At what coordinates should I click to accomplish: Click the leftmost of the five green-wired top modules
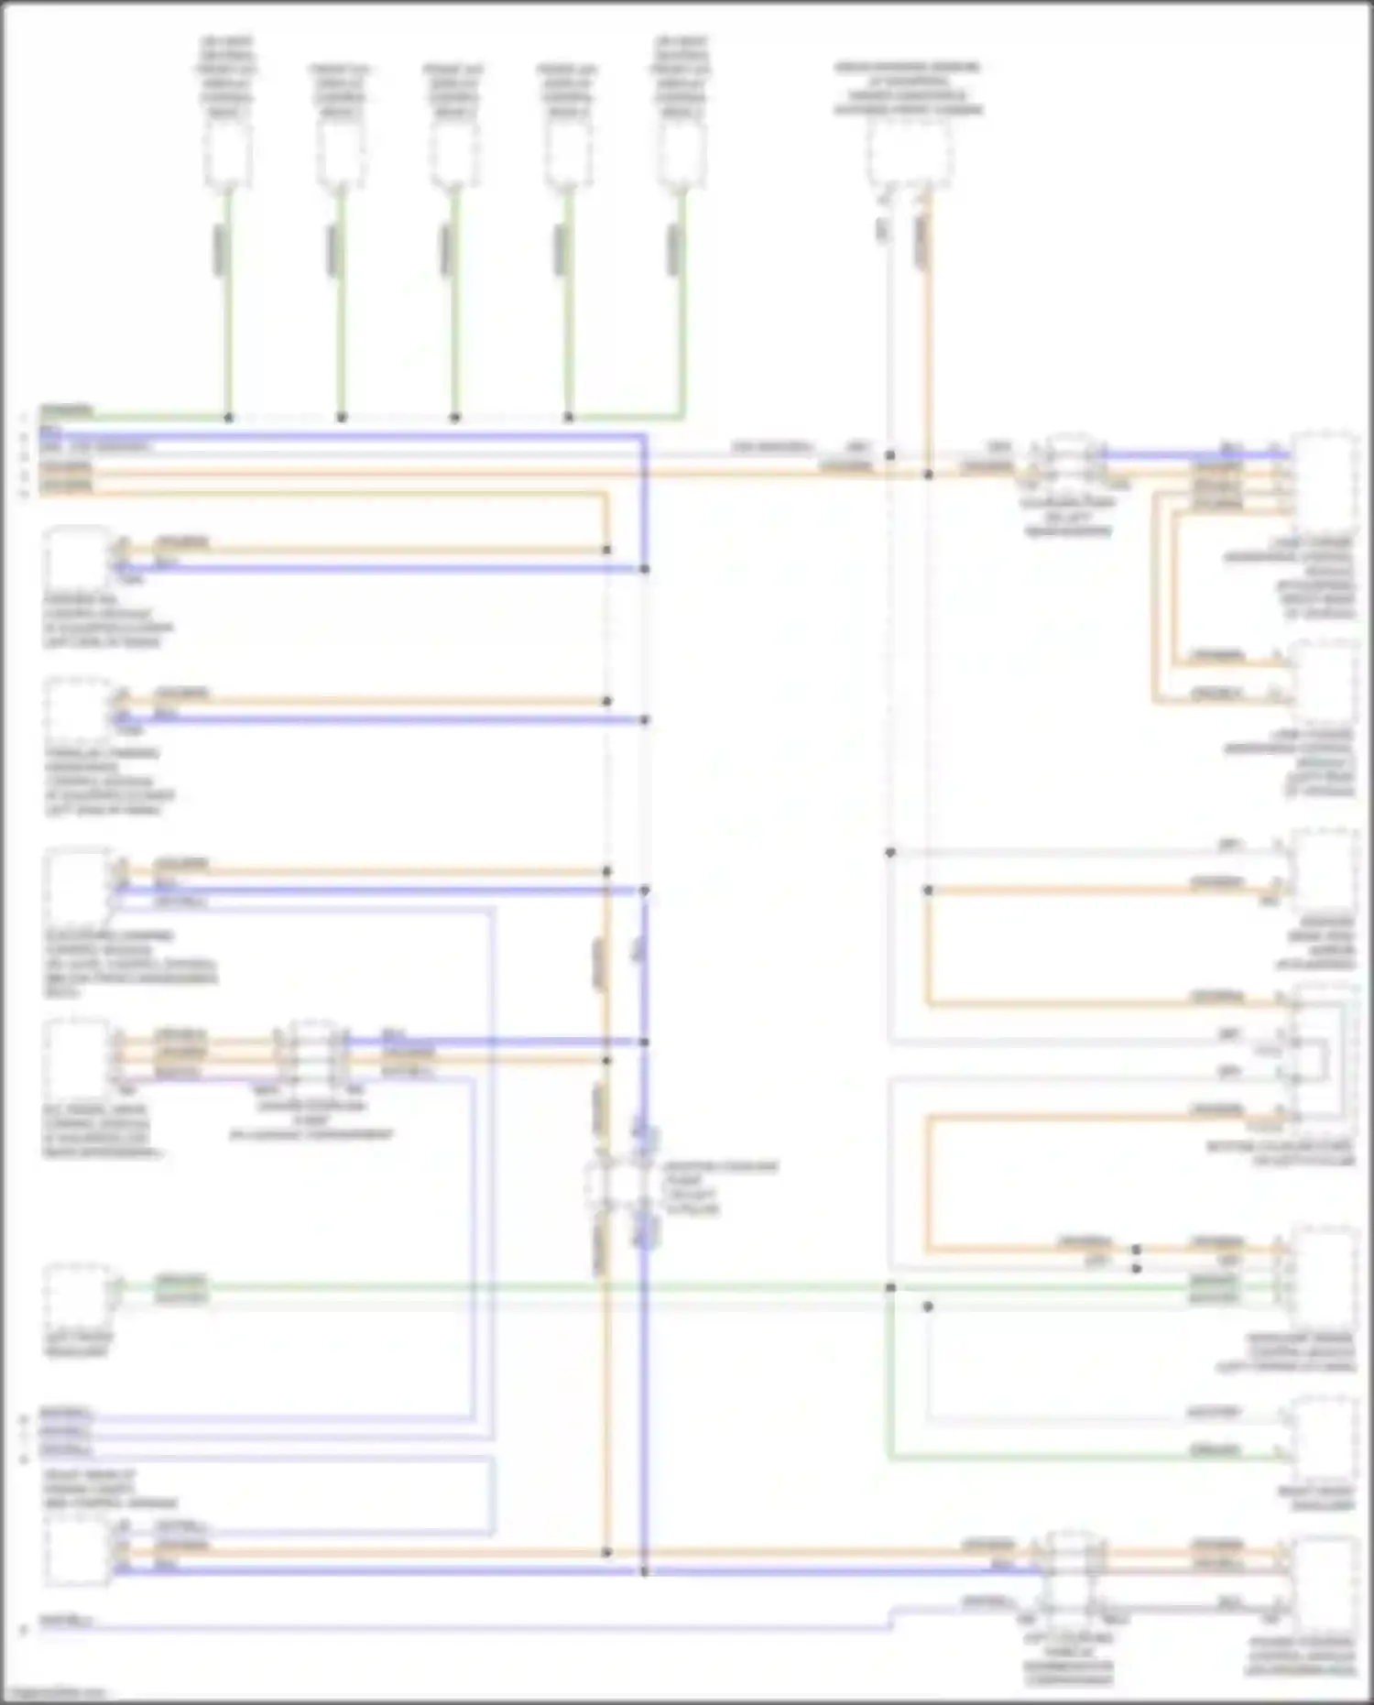pos(227,154)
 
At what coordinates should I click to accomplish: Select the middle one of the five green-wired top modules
pos(453,154)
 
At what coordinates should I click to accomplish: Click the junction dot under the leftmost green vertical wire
pos(228,417)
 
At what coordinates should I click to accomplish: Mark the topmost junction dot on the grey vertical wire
pos(889,454)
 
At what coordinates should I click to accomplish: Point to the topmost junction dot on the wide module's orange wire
pos(928,474)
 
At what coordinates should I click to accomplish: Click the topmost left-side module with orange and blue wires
pos(78,557)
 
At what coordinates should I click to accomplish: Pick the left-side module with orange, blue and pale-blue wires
pos(78,884)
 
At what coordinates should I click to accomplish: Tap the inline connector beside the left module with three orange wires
pos(312,1054)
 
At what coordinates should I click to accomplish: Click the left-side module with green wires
pos(78,1292)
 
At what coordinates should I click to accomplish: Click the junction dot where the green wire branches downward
pos(889,1287)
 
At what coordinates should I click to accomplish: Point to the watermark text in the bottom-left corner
pos(55,1694)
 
